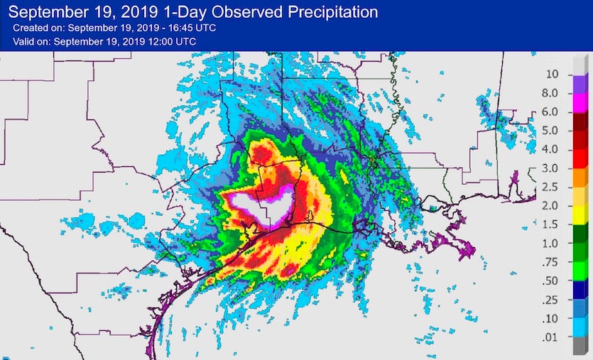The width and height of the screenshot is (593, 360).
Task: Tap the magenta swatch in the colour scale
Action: [580, 102]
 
